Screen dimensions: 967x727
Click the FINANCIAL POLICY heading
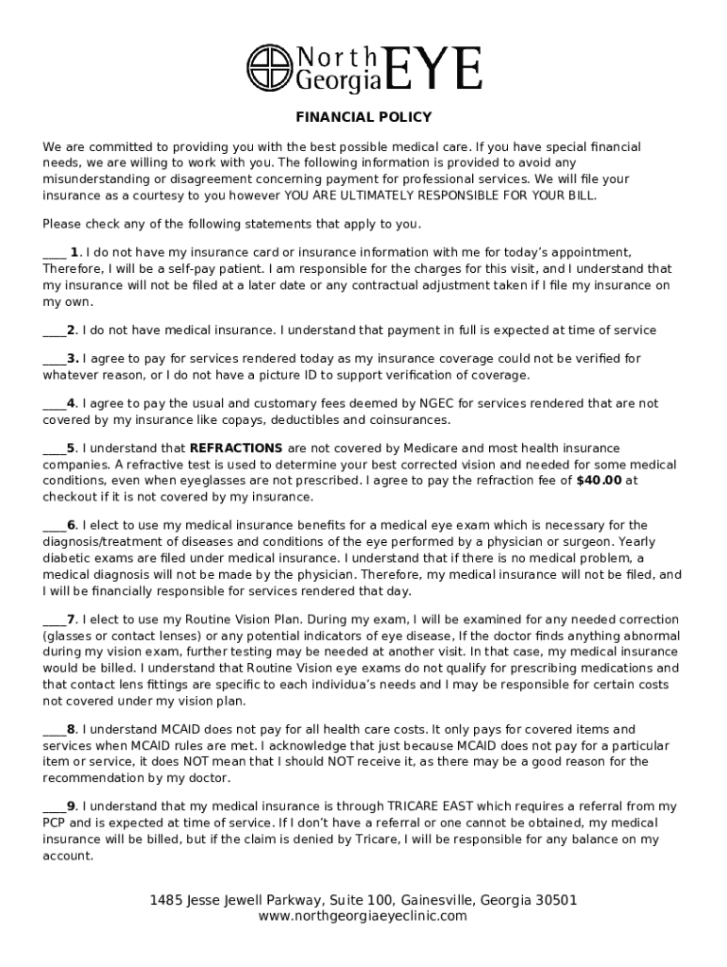pos(363,117)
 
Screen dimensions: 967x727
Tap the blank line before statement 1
pos(54,254)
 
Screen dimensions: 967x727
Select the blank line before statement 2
pos(54,331)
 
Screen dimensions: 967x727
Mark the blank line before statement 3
pos(54,359)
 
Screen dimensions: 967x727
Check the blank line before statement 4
pos(54,403)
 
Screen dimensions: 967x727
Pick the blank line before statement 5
pos(54,449)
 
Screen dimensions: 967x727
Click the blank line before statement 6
pos(54,525)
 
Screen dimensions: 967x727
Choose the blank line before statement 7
pos(54,619)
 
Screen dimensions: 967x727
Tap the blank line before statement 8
pos(54,730)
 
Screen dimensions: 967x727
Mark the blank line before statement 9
pos(54,806)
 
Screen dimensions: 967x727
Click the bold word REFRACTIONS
pos(236,448)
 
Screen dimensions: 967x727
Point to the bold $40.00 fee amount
pos(599,480)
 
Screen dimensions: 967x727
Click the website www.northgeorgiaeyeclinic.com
pos(363,916)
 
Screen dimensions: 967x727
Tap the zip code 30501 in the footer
pos(553,900)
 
